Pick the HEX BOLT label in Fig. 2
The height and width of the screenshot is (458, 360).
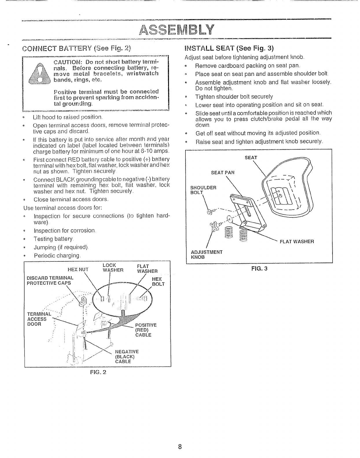158,282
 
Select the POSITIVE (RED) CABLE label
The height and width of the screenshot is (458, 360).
146,330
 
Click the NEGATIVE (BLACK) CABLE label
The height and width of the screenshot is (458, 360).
127,357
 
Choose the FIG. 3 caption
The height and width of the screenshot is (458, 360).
259,268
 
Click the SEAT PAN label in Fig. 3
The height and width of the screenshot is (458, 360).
223,173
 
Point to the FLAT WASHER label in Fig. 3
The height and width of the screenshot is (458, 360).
297,241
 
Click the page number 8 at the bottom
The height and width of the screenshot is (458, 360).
180,447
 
